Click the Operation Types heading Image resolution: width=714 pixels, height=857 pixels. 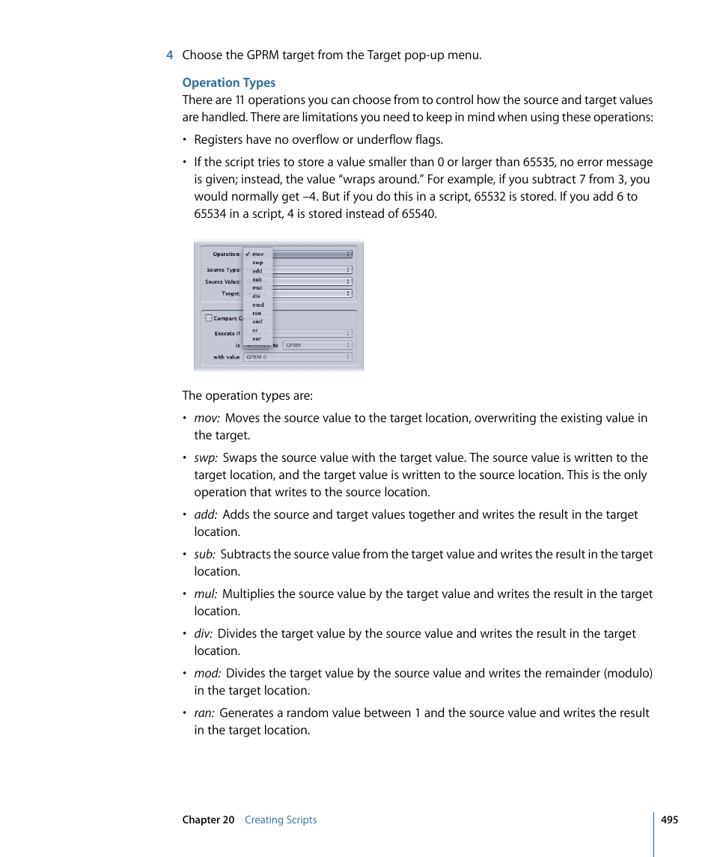pos(228,83)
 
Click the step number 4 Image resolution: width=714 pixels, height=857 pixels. pos(170,55)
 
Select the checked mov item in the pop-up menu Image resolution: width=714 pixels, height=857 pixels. pos(257,254)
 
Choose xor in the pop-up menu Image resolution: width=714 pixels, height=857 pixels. pos(257,339)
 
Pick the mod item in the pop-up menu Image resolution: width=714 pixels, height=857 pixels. pos(257,305)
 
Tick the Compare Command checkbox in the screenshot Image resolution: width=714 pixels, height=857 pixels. pos(209,317)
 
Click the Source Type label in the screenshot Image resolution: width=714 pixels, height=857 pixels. pos(223,270)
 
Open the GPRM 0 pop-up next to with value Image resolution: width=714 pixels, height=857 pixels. pos(298,357)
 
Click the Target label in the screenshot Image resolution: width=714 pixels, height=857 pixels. pos(231,294)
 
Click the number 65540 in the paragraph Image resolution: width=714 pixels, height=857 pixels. pos(418,214)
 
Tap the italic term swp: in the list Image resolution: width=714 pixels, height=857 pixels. pos(207,458)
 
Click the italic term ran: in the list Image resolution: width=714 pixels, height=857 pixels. pos(204,713)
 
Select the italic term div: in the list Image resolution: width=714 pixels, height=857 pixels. pos(204,634)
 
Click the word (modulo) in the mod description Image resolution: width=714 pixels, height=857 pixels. pos(626,674)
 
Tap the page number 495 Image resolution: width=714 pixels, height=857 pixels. pos(669,820)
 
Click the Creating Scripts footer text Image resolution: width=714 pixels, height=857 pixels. pos(281,820)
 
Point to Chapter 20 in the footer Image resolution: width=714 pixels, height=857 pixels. pos(208,820)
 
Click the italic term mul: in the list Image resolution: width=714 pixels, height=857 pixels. pos(206,594)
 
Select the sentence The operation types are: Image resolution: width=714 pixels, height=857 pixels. pos(248,396)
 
